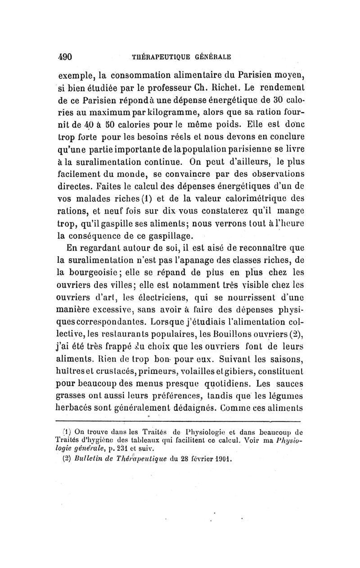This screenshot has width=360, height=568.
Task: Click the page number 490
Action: (66, 57)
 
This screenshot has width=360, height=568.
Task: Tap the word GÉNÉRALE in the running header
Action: (211, 57)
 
